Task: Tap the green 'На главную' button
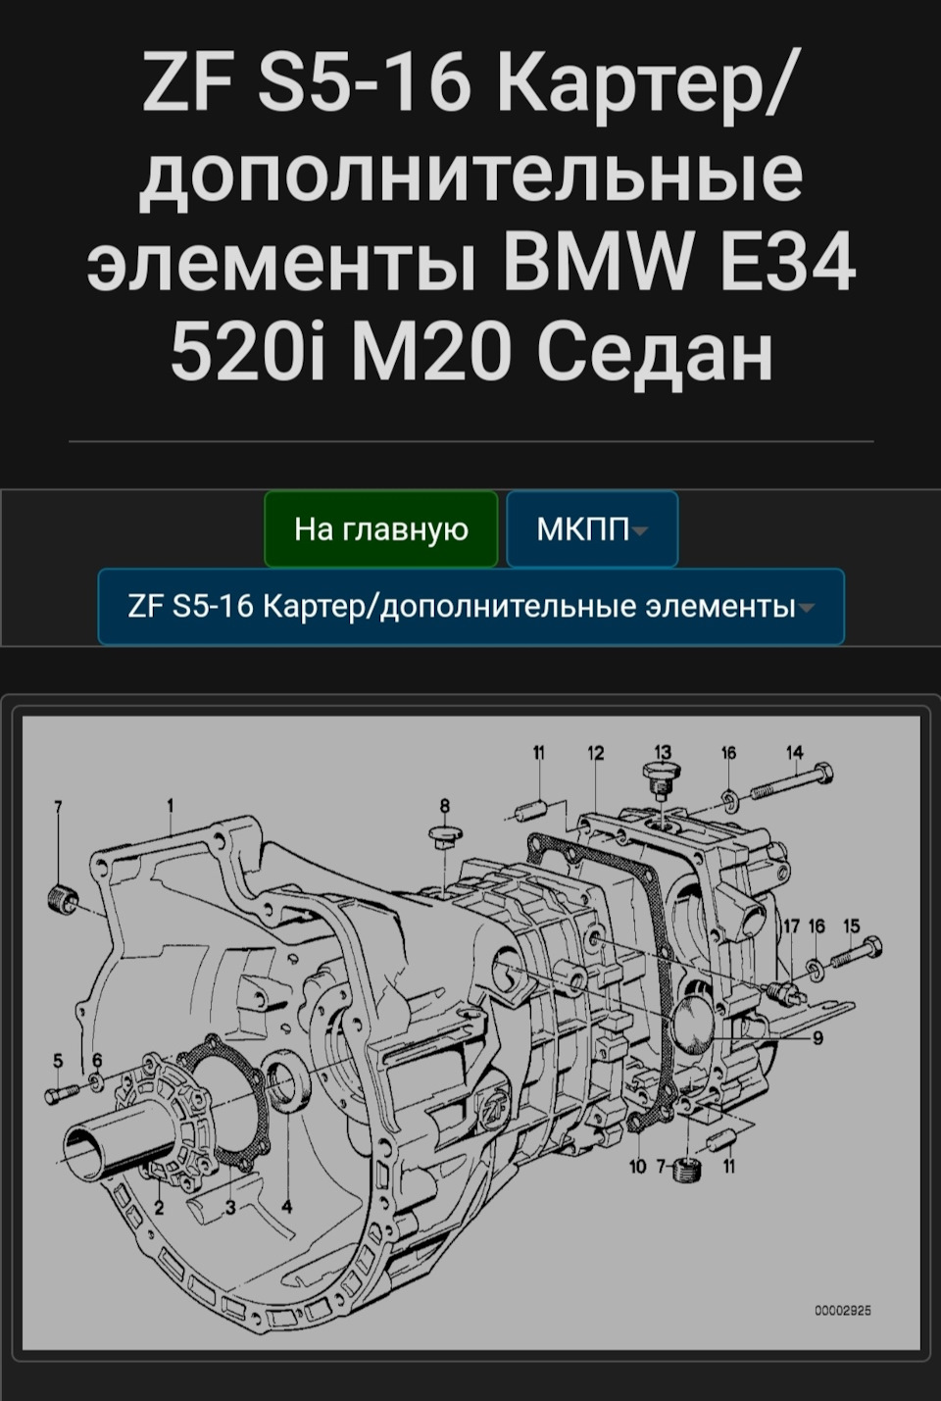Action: [381, 529]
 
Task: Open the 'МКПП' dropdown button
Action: [592, 529]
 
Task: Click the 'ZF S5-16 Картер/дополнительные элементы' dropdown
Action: [470, 607]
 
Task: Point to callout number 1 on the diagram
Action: [171, 806]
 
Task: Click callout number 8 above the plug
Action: [444, 806]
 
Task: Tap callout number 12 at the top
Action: [596, 753]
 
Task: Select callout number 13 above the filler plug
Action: [663, 753]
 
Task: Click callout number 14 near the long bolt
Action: [794, 752]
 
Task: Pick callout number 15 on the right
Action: [851, 926]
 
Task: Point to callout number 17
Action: [791, 926]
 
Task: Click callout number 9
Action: [817, 1038]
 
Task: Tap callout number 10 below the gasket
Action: [638, 1166]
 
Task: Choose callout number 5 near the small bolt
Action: [58, 1060]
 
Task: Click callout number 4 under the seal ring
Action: [286, 1206]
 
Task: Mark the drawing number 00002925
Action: [843, 1310]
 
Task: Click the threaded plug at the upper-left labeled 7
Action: [63, 896]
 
